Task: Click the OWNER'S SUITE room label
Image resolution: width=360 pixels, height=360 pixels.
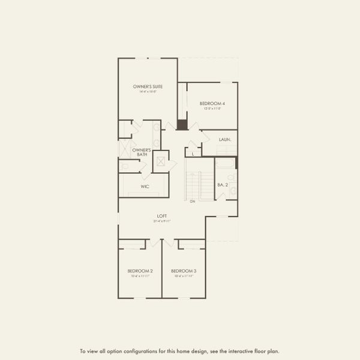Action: tap(148, 86)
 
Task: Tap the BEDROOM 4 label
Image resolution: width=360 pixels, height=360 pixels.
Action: tap(212, 103)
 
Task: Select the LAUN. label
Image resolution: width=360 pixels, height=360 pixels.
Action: tap(225, 140)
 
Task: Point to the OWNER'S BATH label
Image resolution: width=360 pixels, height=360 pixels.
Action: tap(141, 152)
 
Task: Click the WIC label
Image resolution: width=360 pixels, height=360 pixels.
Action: tap(145, 187)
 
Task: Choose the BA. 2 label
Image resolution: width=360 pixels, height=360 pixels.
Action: tap(222, 184)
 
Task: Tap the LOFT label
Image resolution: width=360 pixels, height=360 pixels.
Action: tap(162, 215)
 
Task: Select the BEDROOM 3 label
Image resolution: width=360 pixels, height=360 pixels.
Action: tap(184, 271)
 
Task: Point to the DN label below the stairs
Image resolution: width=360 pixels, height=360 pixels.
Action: tap(193, 201)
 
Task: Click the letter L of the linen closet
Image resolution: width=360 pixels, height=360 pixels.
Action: tap(193, 154)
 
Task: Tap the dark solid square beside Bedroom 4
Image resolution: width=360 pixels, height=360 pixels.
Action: tap(182, 125)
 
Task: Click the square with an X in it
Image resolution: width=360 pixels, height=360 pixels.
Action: tap(161, 162)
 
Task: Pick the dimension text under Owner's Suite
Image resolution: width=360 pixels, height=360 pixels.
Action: tap(148, 92)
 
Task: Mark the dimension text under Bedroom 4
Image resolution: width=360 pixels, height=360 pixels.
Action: tap(212, 109)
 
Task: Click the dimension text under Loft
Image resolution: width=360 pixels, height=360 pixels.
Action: tap(162, 221)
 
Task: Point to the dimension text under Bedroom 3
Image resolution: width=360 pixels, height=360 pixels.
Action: tap(184, 277)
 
